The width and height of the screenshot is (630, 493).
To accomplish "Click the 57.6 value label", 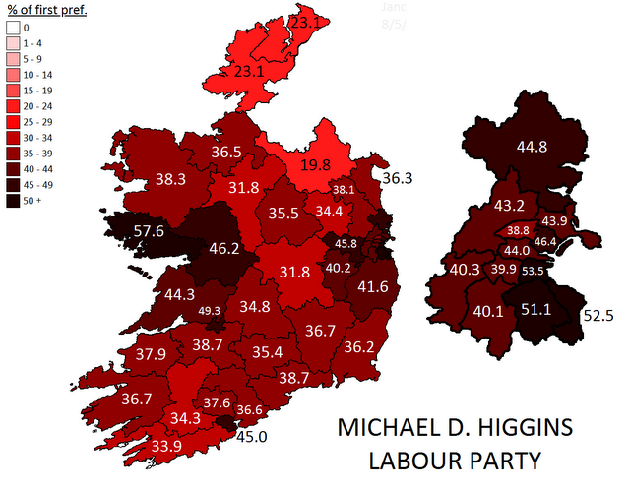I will click(x=149, y=232).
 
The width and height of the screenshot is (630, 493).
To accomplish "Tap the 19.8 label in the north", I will click(x=316, y=165).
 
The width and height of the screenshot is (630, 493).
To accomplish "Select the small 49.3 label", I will click(x=210, y=311).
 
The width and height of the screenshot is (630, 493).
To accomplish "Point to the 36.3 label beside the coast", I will click(x=397, y=179).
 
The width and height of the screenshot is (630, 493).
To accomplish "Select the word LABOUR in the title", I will click(x=414, y=462).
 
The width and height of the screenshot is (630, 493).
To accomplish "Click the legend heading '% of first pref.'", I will click(x=47, y=11).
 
